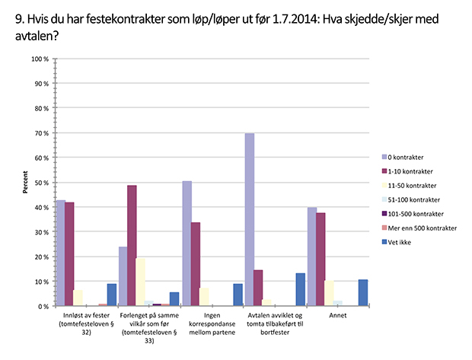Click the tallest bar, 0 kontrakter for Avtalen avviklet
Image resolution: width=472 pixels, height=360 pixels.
pyautogui.click(x=250, y=220)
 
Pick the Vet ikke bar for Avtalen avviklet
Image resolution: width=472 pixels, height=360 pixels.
pyautogui.click(x=300, y=289)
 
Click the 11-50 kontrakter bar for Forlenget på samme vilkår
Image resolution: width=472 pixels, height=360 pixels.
pyautogui.click(x=141, y=282)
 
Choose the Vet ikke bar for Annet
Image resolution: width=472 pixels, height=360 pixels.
pyautogui.click(x=363, y=293)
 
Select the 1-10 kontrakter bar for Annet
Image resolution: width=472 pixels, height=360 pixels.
pyautogui.click(x=321, y=260)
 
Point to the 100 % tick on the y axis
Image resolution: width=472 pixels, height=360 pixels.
pyautogui.click(x=40, y=59)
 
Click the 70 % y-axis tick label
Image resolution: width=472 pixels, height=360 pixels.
pyautogui.click(x=42, y=133)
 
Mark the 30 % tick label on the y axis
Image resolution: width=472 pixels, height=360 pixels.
pyautogui.click(x=42, y=232)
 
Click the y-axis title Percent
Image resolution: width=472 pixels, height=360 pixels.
pyautogui.click(x=26, y=183)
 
